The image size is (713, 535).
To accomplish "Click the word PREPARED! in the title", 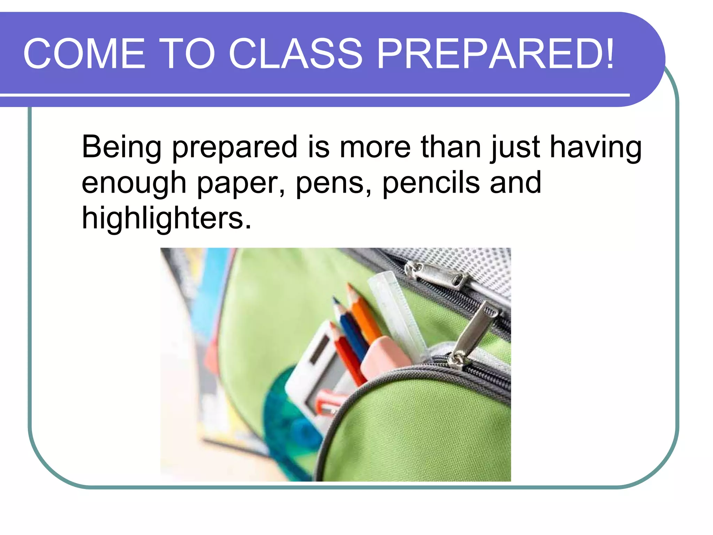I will (x=496, y=54).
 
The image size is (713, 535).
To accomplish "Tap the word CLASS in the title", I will (x=296, y=54).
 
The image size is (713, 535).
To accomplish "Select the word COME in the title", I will (x=84, y=54).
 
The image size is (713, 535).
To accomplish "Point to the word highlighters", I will (x=166, y=218).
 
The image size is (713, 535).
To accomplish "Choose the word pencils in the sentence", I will (x=431, y=183).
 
